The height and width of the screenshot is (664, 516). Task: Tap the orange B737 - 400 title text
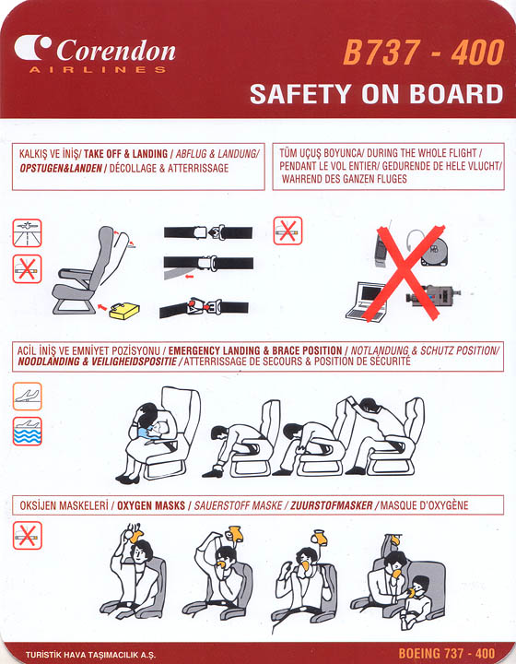tap(423, 53)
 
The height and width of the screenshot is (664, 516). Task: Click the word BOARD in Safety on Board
tap(456, 94)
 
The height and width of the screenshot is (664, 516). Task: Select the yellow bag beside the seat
tap(123, 312)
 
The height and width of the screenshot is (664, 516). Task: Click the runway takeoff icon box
tap(27, 233)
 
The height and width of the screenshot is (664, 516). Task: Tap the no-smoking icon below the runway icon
tap(27, 269)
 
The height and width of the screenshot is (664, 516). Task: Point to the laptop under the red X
tap(367, 301)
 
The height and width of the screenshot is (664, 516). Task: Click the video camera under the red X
tap(432, 295)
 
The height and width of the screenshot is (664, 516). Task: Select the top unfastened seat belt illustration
tap(208, 232)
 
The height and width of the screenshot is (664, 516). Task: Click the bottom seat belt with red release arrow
tap(204, 307)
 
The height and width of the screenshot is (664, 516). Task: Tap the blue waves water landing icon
tap(27, 431)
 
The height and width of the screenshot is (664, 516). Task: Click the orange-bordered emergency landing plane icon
tap(27, 397)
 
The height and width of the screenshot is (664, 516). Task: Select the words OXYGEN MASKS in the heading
tap(151, 505)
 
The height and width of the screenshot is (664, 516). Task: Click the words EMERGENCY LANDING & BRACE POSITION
tap(255, 351)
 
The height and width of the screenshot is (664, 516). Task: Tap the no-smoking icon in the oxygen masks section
tap(27, 536)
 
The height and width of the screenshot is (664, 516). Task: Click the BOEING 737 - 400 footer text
tap(447, 653)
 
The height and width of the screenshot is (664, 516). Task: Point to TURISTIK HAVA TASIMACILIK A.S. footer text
tap(90, 655)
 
